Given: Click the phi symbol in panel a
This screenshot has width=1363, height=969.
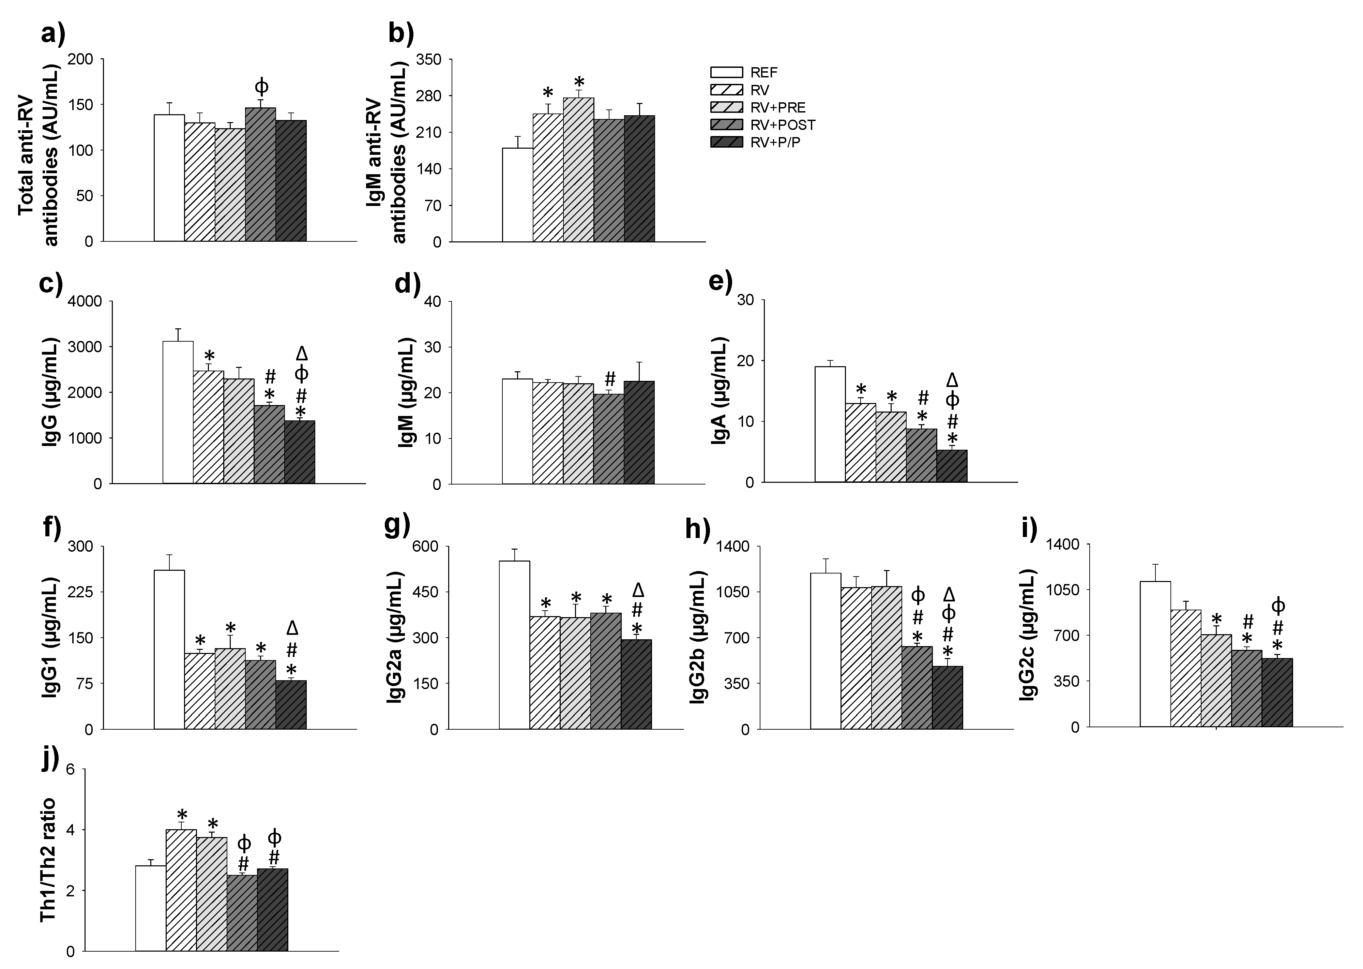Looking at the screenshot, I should (x=261, y=87).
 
